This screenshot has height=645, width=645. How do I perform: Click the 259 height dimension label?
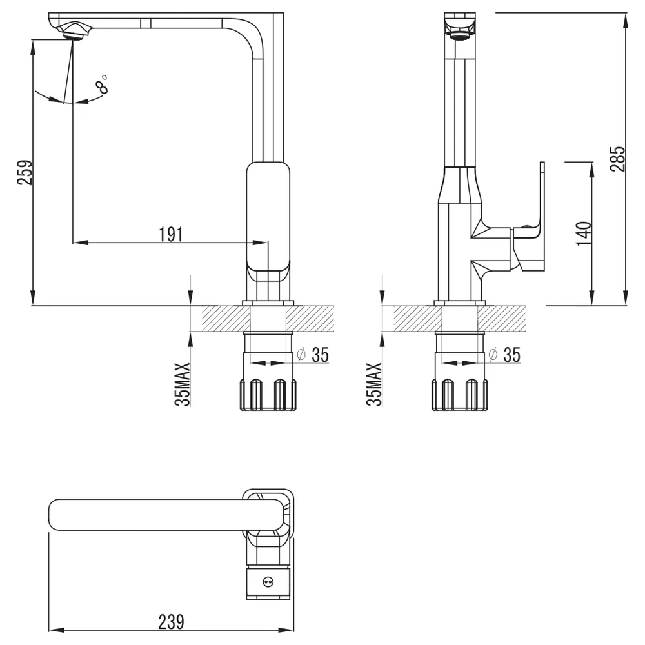click(25, 172)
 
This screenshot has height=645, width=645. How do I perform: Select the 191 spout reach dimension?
click(171, 234)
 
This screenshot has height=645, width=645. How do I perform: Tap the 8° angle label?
click(101, 84)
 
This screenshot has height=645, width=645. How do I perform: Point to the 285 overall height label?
click(617, 159)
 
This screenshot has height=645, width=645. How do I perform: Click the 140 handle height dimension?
click(584, 233)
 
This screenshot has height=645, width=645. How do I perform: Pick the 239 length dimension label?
click(171, 622)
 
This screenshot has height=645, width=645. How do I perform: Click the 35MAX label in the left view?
click(183, 384)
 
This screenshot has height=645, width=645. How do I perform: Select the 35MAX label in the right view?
click(374, 384)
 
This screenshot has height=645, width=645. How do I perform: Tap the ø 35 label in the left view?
click(313, 355)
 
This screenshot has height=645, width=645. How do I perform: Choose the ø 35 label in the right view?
click(504, 355)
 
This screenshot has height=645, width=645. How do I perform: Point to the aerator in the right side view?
click(460, 36)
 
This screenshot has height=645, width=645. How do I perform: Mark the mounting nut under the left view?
click(268, 395)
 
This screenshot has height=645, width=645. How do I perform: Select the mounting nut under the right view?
click(459, 395)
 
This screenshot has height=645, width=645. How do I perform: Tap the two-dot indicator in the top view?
click(268, 582)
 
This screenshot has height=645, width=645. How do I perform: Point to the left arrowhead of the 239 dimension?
click(56, 630)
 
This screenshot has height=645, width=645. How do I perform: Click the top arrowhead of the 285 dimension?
click(625, 21)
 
